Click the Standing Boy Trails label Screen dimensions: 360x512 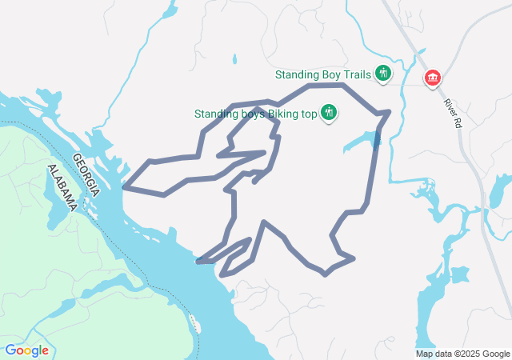click(x=322, y=74)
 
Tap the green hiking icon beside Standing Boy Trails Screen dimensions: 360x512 click(x=382, y=74)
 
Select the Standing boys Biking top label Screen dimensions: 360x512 click(x=256, y=114)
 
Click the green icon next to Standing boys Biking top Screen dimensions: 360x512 click(x=327, y=114)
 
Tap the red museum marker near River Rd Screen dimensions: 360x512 click(x=433, y=77)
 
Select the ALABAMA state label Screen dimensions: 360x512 click(x=62, y=189)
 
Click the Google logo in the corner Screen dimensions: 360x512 click(x=26, y=350)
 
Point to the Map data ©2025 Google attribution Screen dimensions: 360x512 click(x=462, y=354)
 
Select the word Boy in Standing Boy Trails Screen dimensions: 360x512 click(x=330, y=74)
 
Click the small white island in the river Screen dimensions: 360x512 click(x=194, y=323)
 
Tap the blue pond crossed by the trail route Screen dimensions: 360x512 click(x=376, y=139)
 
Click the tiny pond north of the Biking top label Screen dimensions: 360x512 click(x=234, y=59)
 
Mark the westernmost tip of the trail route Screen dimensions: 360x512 click(x=124, y=188)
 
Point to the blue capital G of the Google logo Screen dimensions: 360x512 click(x=10, y=350)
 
